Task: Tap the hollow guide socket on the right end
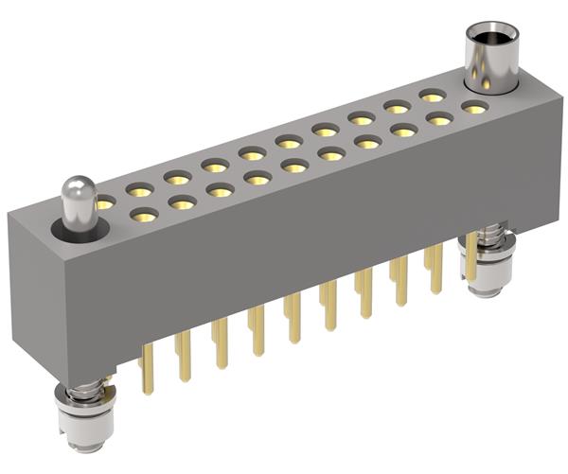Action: tap(490, 59)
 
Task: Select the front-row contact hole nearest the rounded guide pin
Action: tap(143, 216)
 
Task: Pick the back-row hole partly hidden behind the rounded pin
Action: tap(103, 202)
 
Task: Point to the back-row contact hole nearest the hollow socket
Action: tap(433, 96)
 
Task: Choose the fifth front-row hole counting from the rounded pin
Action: tap(294, 167)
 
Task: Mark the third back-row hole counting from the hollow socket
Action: tap(362, 118)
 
